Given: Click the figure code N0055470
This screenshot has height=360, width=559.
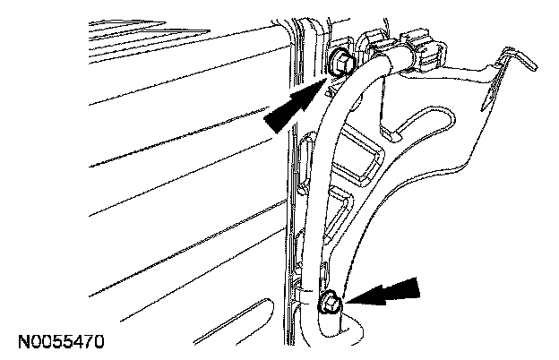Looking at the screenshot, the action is [60, 341].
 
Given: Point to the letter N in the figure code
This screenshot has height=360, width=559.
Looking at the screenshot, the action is [21, 341].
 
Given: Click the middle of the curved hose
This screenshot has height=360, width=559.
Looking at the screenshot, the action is [328, 179].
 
